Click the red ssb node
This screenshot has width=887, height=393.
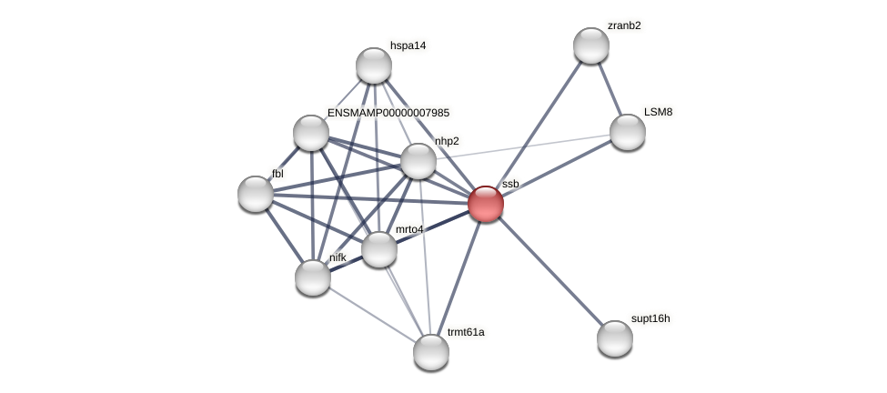486,204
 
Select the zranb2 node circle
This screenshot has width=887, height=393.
590,45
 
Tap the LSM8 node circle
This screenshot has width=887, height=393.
627,132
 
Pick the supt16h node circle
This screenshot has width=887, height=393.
615,338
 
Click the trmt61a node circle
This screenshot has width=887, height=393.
431,352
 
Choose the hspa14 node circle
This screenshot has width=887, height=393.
373,65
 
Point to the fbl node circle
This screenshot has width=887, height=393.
256,194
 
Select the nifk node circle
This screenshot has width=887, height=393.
313,277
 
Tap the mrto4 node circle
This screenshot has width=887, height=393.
379,249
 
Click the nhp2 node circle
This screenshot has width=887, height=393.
418,161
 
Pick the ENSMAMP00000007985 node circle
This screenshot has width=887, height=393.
311,133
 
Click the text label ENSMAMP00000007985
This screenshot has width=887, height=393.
388,113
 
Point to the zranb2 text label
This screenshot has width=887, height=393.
624,25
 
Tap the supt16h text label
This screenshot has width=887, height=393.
650,318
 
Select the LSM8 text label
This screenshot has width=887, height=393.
658,112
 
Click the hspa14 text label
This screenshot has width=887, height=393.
408,45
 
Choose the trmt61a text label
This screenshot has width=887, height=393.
466,332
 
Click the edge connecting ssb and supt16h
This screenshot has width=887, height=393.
550,271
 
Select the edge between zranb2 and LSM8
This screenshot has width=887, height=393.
609,88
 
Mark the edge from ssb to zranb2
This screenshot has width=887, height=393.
539,125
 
